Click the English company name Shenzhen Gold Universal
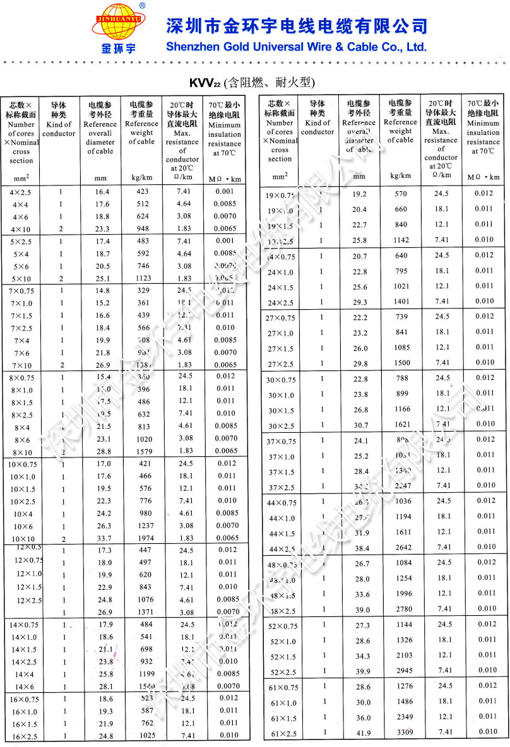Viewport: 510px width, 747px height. [296, 47]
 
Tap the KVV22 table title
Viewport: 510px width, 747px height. [252, 83]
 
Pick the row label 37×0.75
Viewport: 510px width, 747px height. [281, 441]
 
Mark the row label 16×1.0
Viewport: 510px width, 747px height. [23, 711]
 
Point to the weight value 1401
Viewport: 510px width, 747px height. [401, 302]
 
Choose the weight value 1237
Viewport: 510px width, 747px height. [145, 526]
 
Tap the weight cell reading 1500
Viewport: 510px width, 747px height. [401, 363]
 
